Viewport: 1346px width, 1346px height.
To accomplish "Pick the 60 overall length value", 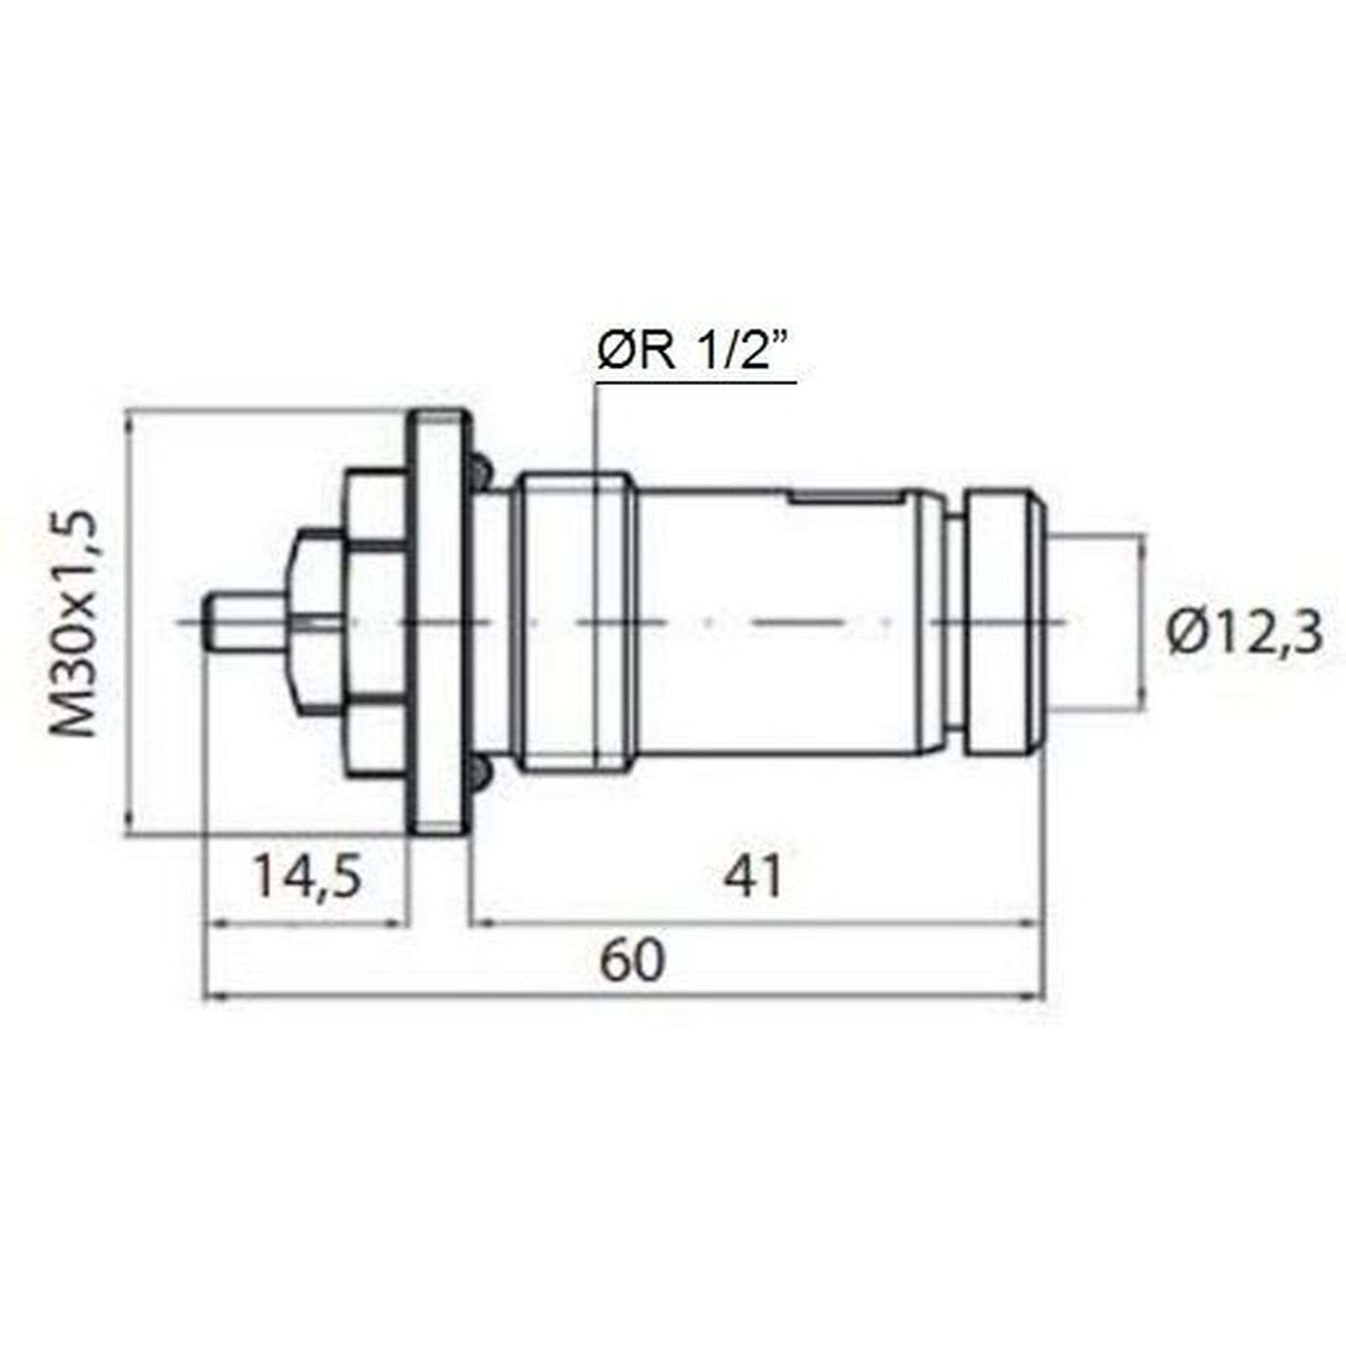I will [x=632, y=962].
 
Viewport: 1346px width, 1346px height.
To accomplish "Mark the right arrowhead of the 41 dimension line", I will [x=1032, y=924].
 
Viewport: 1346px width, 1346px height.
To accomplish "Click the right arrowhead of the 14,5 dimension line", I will [x=400, y=924].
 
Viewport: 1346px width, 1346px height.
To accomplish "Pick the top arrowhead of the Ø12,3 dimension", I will [x=1142, y=543].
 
